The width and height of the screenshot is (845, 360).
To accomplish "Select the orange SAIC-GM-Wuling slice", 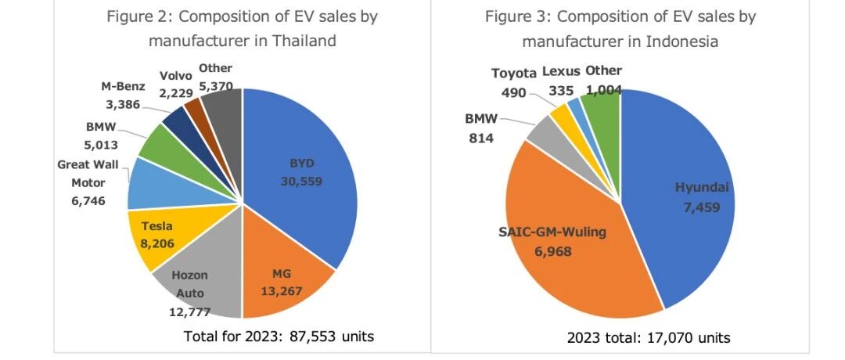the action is coord(566,237).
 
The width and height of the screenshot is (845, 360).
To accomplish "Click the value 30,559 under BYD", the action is coord(301,182).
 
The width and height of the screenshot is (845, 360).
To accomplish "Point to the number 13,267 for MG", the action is coord(282,292).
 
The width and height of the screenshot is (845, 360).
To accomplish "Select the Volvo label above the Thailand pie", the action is coord(176,76).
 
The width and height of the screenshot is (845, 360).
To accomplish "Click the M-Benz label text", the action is coord(123,86).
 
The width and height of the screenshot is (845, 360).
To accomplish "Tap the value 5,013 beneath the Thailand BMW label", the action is coord(102,145).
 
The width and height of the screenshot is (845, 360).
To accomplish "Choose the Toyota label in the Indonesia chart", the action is coord(514,74).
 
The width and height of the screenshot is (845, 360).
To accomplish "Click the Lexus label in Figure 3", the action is coord(561,71).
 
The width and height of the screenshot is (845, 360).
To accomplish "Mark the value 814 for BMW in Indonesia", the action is coord(481,139).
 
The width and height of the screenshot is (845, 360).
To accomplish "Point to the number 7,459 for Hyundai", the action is coord(702,207).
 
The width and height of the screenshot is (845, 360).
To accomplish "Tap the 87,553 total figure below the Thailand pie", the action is coord(308,337).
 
